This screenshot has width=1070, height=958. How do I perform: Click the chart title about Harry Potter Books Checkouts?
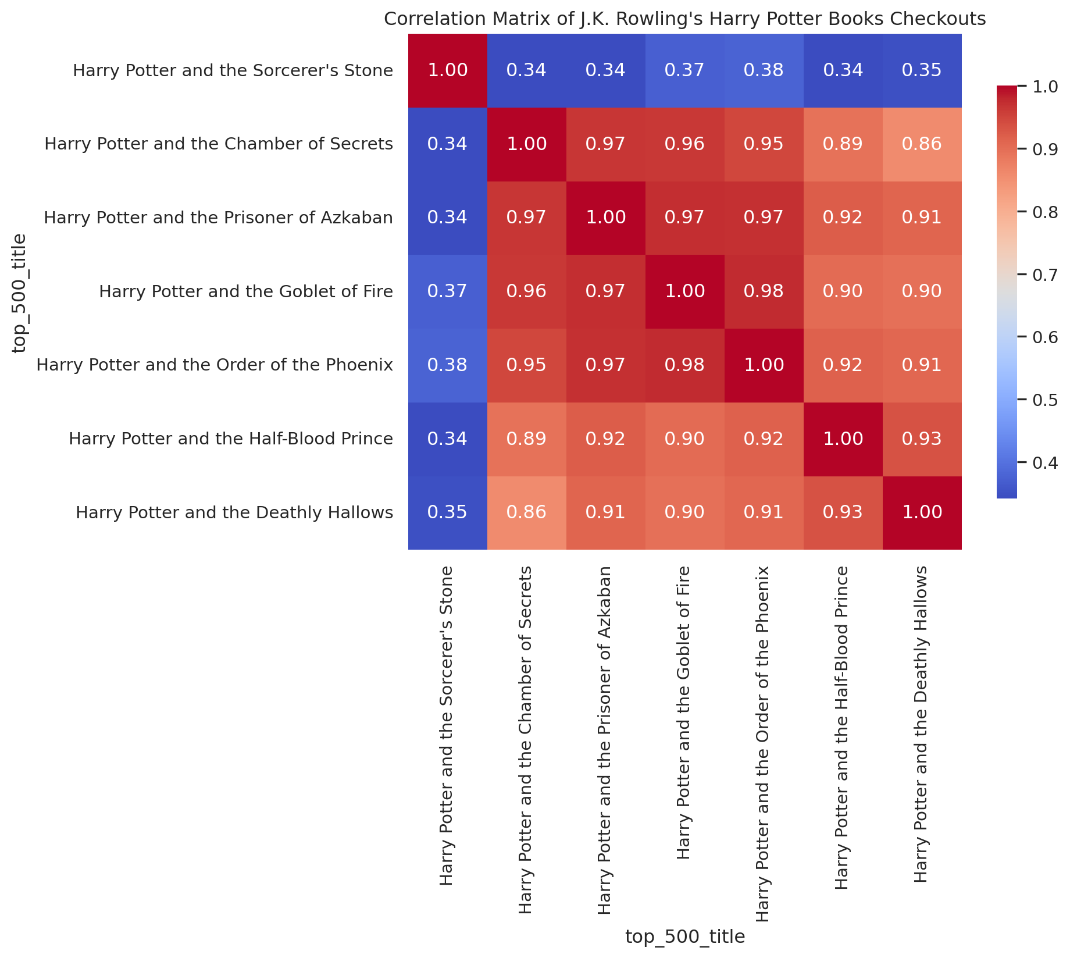tap(684, 19)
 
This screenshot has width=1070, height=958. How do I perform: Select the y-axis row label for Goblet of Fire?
tap(246, 291)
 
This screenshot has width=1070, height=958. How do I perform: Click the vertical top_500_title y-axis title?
tap(20, 293)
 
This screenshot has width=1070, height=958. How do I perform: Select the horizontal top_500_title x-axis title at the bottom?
tap(684, 936)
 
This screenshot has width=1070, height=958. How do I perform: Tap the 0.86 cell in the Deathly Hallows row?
tap(526, 512)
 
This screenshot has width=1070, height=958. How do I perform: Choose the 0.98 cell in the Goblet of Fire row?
tap(764, 291)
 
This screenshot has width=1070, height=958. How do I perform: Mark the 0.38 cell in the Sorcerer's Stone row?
tap(764, 70)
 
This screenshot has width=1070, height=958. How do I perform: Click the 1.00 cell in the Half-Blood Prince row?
tap(843, 439)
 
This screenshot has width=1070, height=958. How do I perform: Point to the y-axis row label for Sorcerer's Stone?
tap(233, 71)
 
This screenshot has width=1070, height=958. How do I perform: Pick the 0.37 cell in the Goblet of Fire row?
tap(447, 291)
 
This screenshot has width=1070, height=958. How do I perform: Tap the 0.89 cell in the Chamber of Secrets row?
tap(843, 144)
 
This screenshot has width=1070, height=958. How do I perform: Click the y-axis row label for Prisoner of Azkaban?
tap(219, 218)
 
